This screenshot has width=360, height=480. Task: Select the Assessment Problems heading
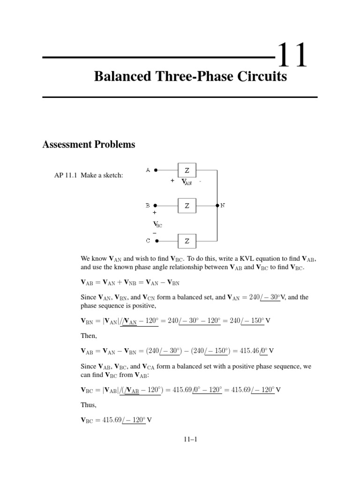pyautogui.click(x=89, y=144)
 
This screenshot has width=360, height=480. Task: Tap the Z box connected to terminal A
pyautogui.click(x=187, y=170)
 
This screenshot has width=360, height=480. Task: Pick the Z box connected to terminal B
pyautogui.click(x=187, y=205)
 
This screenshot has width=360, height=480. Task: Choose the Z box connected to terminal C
pyautogui.click(x=187, y=241)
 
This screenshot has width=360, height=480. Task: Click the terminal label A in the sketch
pyautogui.click(x=148, y=170)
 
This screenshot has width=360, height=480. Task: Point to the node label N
pyautogui.click(x=223, y=205)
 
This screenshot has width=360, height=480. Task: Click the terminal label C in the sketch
pyautogui.click(x=148, y=241)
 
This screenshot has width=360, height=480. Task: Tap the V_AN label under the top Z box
pyautogui.click(x=187, y=182)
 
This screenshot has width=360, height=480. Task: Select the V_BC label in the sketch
pyautogui.click(x=157, y=224)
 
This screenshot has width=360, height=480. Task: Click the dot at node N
pyautogui.click(x=217, y=205)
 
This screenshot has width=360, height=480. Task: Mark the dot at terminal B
pyautogui.click(x=156, y=205)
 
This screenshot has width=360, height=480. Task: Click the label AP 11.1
pyautogui.click(x=67, y=175)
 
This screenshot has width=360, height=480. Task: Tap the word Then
pyautogui.click(x=89, y=335)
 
